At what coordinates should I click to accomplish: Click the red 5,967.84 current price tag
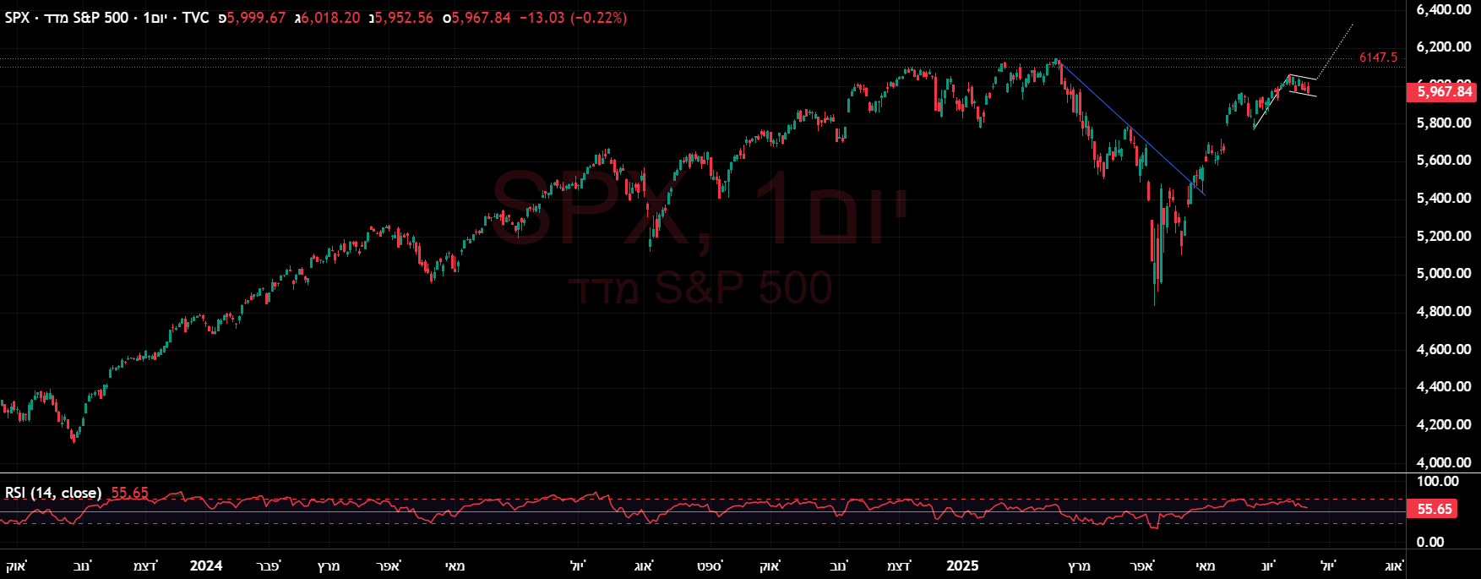pyautogui.click(x=1443, y=91)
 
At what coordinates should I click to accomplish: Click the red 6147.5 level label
pyautogui.click(x=1378, y=57)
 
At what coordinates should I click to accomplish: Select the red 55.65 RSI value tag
pyautogui.click(x=1435, y=509)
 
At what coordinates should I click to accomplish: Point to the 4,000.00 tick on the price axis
pyautogui.click(x=1444, y=462)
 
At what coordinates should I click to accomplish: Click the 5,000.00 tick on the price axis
pyautogui.click(x=1444, y=273)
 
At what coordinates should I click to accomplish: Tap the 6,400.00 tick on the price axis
pyautogui.click(x=1444, y=9)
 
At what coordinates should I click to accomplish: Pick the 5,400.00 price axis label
pyautogui.click(x=1444, y=198)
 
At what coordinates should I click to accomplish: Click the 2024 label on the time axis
pyautogui.click(x=206, y=565)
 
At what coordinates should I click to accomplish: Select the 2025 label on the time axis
pyautogui.click(x=962, y=565)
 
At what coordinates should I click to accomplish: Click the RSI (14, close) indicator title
pyautogui.click(x=53, y=493)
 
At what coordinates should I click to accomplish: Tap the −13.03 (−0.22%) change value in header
pyautogui.click(x=573, y=18)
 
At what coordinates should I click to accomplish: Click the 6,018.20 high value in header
pyautogui.click(x=330, y=18)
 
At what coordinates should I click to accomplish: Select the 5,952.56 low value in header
pyautogui.click(x=404, y=18)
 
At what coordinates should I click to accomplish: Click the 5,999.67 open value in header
pyautogui.click(x=256, y=18)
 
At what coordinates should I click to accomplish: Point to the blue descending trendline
pyautogui.click(x=1132, y=130)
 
